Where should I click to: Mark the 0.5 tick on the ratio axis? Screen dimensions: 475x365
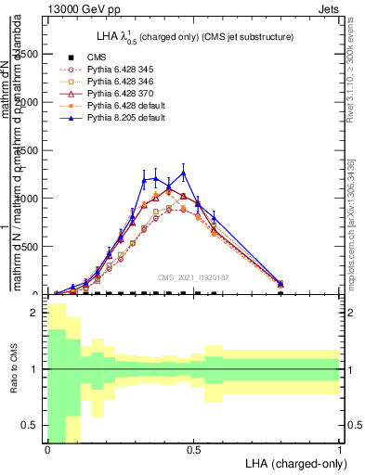click(x=32, y=425)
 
